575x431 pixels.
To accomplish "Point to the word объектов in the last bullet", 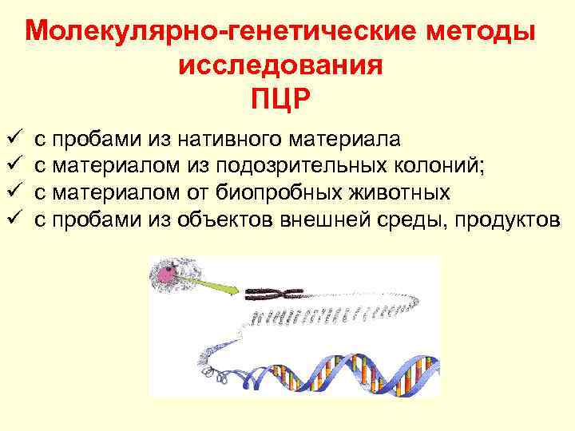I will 226,219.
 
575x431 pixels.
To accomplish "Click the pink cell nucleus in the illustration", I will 168,275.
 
